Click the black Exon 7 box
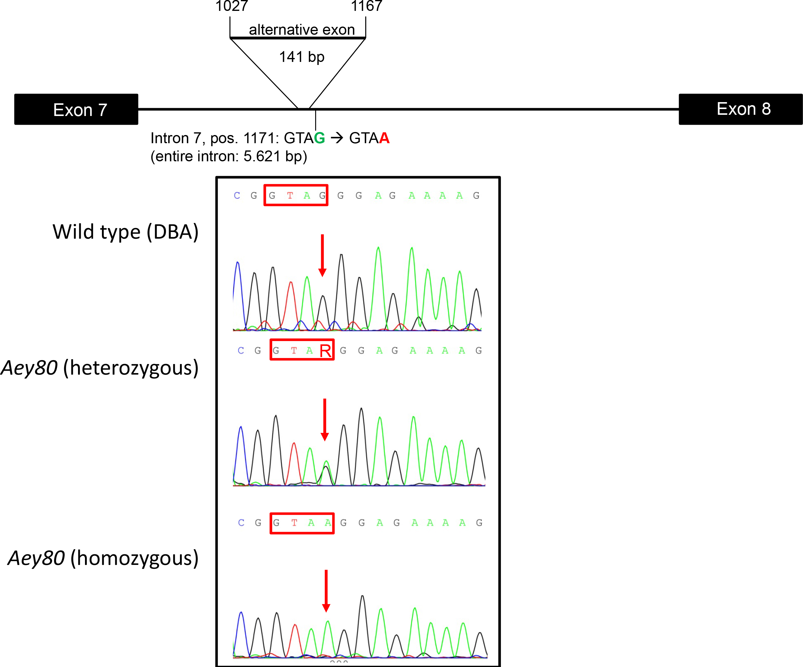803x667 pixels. [x=76, y=109]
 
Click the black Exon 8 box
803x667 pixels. [x=740, y=109]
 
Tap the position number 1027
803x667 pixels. [x=232, y=6]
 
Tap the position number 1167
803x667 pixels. [x=366, y=6]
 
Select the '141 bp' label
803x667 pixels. [x=302, y=57]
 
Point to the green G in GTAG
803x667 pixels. [x=319, y=138]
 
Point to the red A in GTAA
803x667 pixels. [x=384, y=138]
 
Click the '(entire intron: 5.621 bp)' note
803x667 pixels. [x=229, y=156]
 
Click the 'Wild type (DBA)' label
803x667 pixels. [x=126, y=232]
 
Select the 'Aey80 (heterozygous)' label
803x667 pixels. [x=100, y=368]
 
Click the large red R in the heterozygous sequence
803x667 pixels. [x=325, y=351]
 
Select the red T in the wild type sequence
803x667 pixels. [x=290, y=195]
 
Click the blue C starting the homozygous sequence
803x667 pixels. [x=241, y=523]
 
